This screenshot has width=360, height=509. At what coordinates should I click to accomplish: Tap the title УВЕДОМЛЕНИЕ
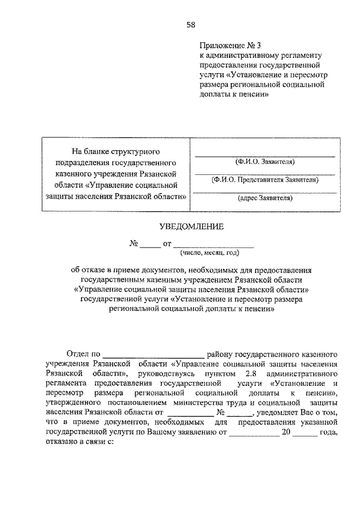tap(191, 226)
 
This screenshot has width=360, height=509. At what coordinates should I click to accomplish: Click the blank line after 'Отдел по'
tap(154, 355)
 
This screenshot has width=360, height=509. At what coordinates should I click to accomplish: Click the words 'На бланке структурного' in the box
tap(116, 152)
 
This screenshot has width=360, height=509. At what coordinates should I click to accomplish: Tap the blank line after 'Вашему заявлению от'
tap(254, 434)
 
